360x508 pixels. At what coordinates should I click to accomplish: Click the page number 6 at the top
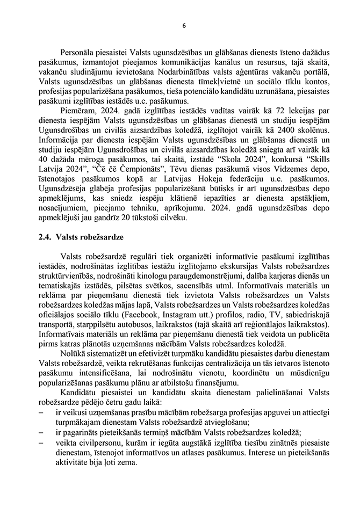tap(184, 25)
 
